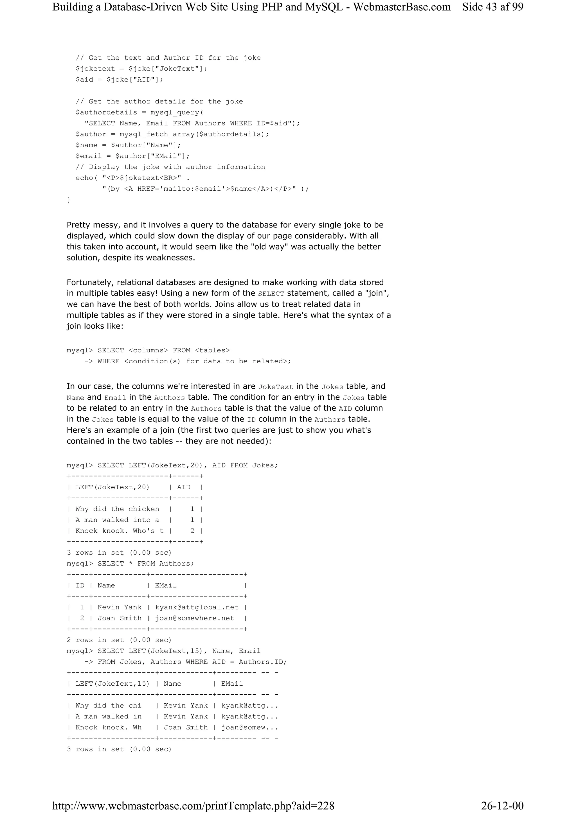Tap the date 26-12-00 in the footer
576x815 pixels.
tap(502, 805)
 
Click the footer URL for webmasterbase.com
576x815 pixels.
tap(193, 805)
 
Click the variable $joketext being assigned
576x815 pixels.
tap(95, 69)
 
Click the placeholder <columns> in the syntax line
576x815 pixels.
tap(148, 350)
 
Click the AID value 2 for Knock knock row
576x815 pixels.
tap(192, 531)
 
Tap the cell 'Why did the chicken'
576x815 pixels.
tap(117, 509)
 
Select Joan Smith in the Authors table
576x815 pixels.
tap(119, 618)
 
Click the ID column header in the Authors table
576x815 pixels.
tap(80, 585)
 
